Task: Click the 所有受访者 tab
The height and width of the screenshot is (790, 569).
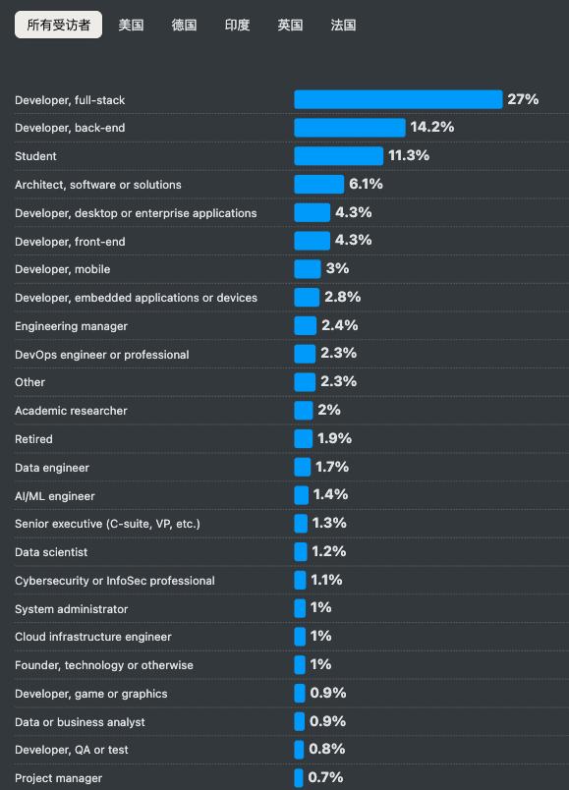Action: [x=58, y=25]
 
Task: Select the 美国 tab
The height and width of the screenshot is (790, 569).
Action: [x=131, y=25]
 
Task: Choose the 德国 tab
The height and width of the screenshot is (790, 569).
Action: [x=184, y=25]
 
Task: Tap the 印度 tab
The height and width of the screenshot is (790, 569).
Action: [x=237, y=25]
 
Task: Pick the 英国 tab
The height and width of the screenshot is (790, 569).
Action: [x=290, y=25]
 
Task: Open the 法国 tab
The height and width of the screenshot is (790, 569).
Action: [x=343, y=25]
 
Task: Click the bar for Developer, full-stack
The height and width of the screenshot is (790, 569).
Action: [x=398, y=99]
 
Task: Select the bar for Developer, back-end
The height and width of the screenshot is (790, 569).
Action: [x=350, y=128]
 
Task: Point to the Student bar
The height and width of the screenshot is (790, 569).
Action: [x=339, y=156]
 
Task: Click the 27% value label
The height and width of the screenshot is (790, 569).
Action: [x=523, y=99]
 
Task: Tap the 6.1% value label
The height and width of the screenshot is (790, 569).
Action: [x=366, y=184]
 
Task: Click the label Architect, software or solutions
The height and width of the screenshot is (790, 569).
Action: [x=98, y=185]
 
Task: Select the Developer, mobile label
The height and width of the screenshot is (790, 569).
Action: [x=63, y=269]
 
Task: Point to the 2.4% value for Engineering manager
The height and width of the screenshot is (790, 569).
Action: [x=339, y=325]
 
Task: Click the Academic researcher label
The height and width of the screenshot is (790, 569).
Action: [x=71, y=411]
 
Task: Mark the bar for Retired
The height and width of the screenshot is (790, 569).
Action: [x=303, y=438]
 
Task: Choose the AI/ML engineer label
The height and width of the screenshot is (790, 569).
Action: [x=55, y=496]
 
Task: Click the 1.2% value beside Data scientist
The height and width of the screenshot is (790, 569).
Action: [x=328, y=551]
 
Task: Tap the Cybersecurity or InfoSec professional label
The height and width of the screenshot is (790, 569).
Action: [x=115, y=581]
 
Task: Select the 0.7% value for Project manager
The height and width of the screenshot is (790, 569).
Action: [x=326, y=777]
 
